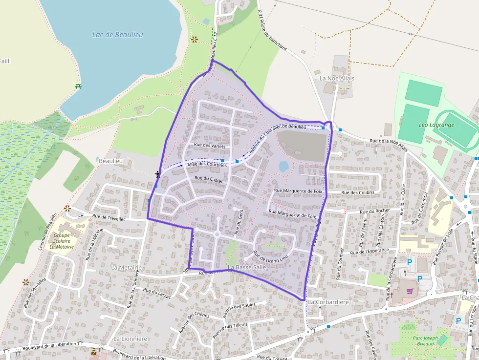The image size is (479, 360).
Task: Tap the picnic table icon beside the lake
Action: (78, 86)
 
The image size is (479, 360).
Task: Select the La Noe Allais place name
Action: (337, 78)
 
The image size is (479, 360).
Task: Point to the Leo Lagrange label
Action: (436, 125)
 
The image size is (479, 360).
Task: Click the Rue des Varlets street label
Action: (210, 145)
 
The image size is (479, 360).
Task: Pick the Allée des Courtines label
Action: (207, 165)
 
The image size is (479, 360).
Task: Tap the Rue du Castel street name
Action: (208, 179)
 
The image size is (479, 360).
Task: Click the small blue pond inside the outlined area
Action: (283, 166)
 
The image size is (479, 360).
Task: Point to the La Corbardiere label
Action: (328, 302)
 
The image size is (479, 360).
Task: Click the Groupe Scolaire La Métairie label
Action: (62, 240)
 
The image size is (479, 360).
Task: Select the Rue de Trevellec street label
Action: (109, 218)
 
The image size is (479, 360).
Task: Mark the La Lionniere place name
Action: (131, 339)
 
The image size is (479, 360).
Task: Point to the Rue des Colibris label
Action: (358, 192)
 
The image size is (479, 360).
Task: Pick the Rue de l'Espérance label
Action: (370, 251)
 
